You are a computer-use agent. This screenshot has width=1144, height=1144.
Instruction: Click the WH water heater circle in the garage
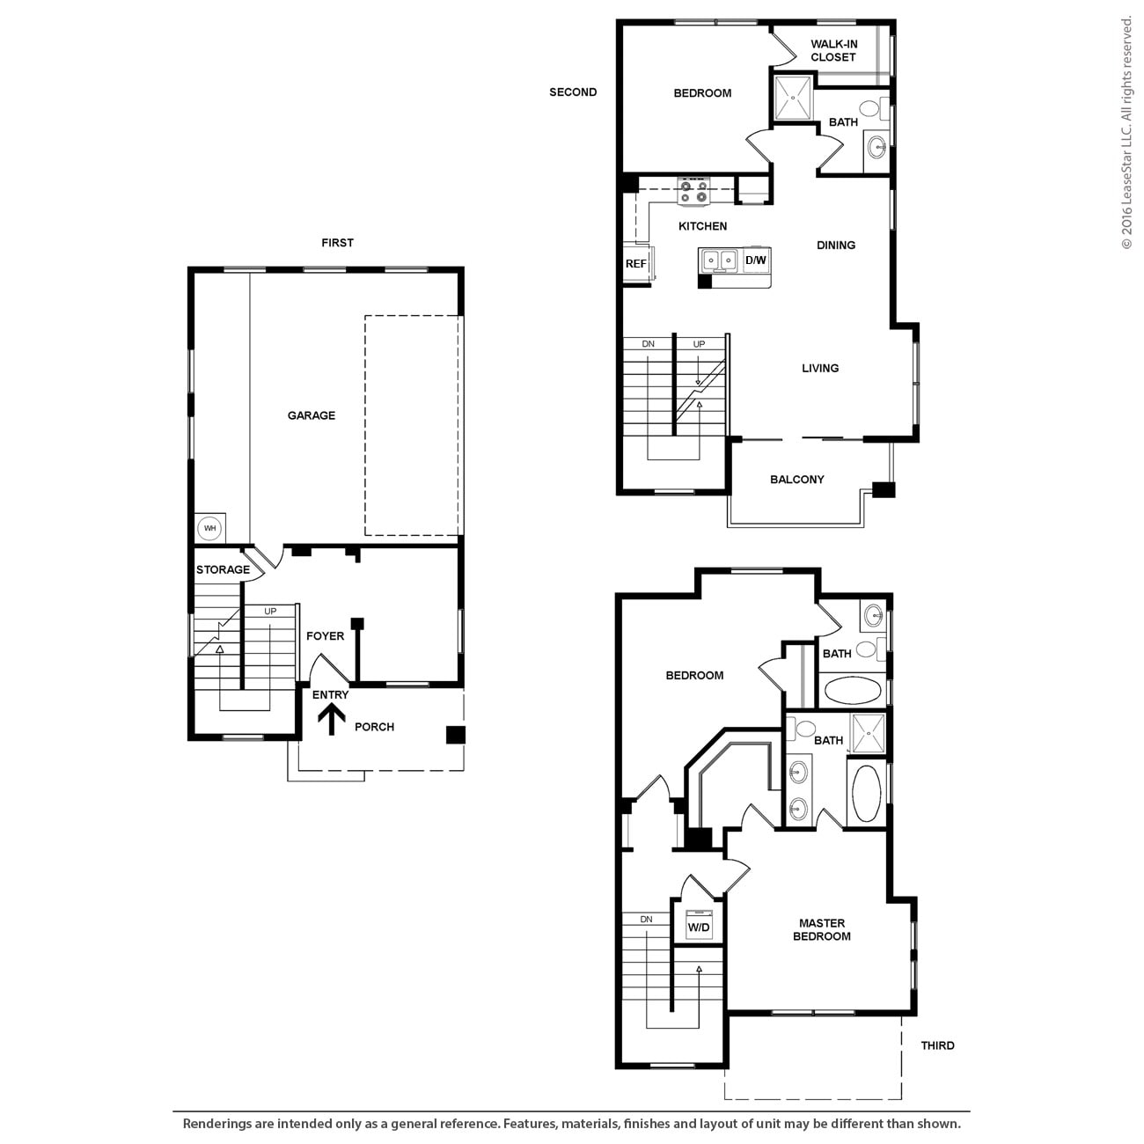coord(209,529)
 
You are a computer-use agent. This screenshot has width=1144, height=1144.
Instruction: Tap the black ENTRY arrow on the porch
coord(332,720)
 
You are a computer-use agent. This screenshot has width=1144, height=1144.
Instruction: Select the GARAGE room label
coord(312,415)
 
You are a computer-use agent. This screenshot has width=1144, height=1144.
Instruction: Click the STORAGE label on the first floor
coord(223,569)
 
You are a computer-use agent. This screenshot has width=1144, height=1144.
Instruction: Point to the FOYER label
coord(325,636)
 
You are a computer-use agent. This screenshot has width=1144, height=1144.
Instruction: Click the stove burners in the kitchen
coord(693,192)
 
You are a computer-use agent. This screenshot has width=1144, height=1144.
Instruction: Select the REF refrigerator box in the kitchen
coord(636,264)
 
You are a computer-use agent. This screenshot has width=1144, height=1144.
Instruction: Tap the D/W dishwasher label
coord(756,260)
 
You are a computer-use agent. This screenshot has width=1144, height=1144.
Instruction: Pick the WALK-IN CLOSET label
coord(833,51)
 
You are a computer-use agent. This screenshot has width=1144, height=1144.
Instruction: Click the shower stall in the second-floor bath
coord(793,98)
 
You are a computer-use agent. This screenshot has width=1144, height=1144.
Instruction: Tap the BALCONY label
coord(797,480)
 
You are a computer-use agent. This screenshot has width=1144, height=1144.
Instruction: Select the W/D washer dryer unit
coord(699,926)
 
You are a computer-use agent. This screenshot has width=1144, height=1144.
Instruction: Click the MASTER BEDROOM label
coord(822,930)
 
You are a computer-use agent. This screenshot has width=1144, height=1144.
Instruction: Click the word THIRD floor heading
coord(937,1045)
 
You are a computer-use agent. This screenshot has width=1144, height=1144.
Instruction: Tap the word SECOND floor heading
coord(573,92)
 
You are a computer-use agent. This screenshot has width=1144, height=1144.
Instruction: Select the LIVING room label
coord(820,369)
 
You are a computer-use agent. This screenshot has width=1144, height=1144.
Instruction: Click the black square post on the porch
coord(455,735)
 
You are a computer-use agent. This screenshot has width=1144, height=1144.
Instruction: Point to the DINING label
coord(836,246)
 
